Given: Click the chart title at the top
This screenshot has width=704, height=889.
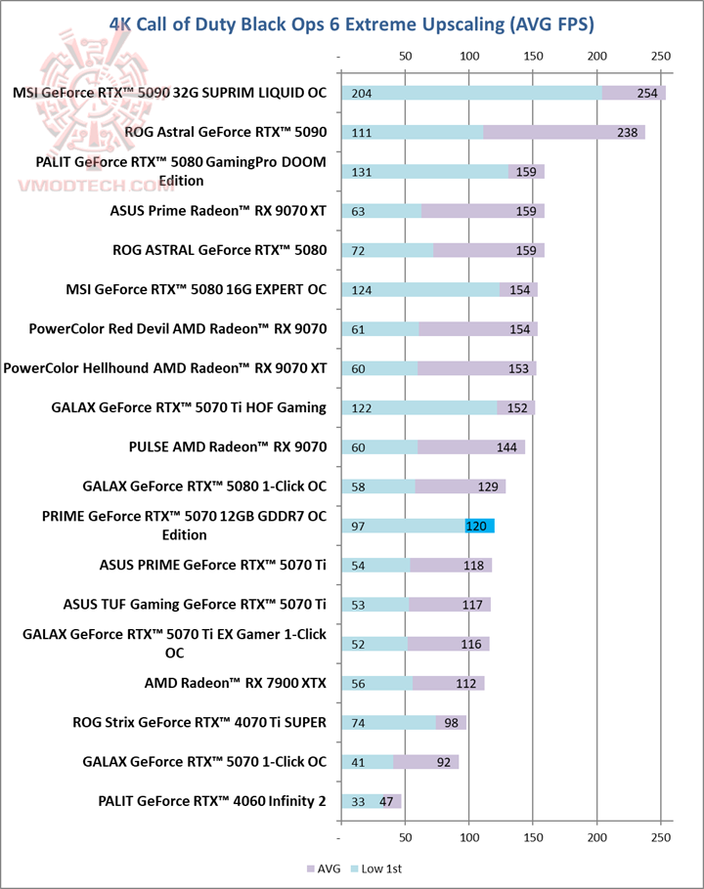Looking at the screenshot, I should click(352, 22).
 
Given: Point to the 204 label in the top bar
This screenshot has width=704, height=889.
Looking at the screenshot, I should click(361, 93).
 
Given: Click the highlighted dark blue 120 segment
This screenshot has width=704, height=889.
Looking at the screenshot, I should click(479, 527).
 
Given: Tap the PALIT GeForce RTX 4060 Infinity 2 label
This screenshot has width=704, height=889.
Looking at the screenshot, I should click(212, 802).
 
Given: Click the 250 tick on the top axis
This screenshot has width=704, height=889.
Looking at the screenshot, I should click(661, 55).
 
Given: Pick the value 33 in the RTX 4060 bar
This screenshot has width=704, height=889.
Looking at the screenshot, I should click(357, 802).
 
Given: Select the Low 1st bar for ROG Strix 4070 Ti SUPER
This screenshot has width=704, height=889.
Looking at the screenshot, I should click(388, 723).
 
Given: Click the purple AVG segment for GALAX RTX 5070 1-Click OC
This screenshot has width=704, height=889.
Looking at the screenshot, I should click(426, 762).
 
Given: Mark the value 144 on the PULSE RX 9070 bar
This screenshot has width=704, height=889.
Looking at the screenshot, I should click(506, 447).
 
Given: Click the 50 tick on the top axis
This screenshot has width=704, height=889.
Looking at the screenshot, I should click(405, 55).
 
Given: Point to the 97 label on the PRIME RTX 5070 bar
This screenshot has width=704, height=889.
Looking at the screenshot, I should click(357, 527).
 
